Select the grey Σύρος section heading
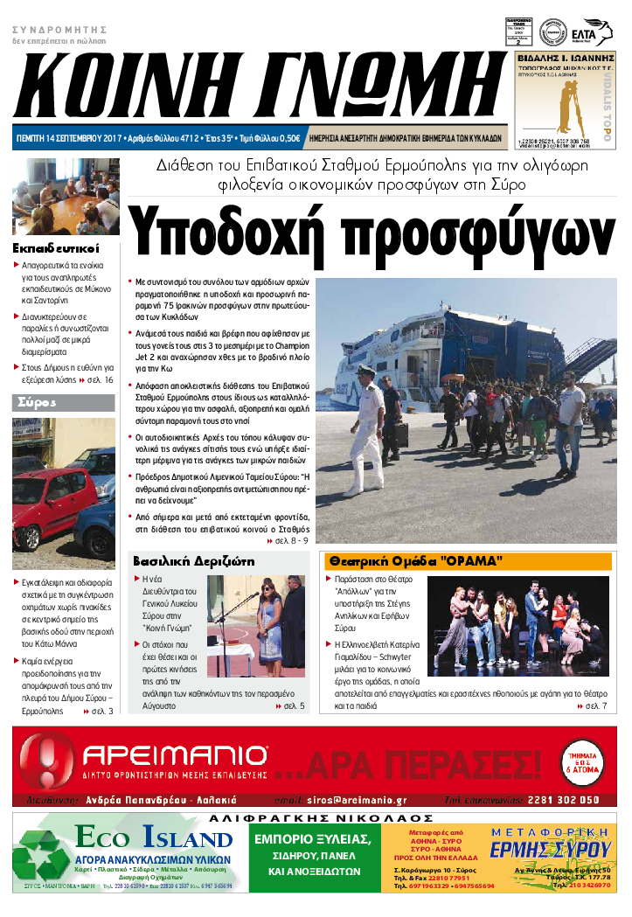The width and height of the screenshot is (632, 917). click(37, 402)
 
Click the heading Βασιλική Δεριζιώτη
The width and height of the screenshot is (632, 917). click(193, 560)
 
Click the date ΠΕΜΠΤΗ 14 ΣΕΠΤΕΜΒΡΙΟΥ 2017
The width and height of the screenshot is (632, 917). click(68, 138)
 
